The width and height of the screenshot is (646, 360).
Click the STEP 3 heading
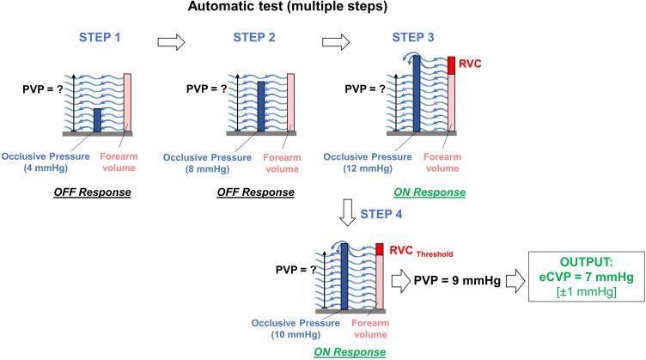(416, 39)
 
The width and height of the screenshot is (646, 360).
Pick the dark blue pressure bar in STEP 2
(259, 107)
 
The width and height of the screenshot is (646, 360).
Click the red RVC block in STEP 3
(451, 64)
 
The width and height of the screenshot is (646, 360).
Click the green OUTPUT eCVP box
(585, 280)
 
